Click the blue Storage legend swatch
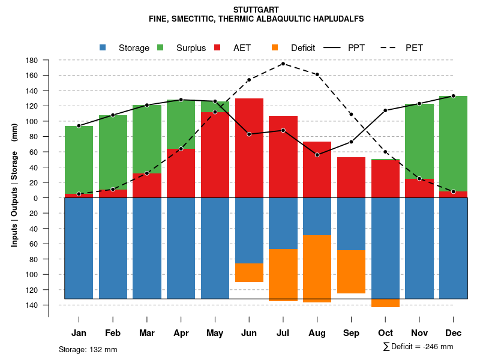click(103, 48)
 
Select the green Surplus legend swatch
click(160, 48)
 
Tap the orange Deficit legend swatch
click(275, 48)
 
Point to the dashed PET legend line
click(391, 48)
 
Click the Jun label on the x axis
click(249, 333)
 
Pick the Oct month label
click(385, 333)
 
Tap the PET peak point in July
click(283, 64)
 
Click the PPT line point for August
click(317, 155)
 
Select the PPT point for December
click(454, 96)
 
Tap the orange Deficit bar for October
click(385, 303)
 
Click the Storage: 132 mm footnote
click(88, 349)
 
